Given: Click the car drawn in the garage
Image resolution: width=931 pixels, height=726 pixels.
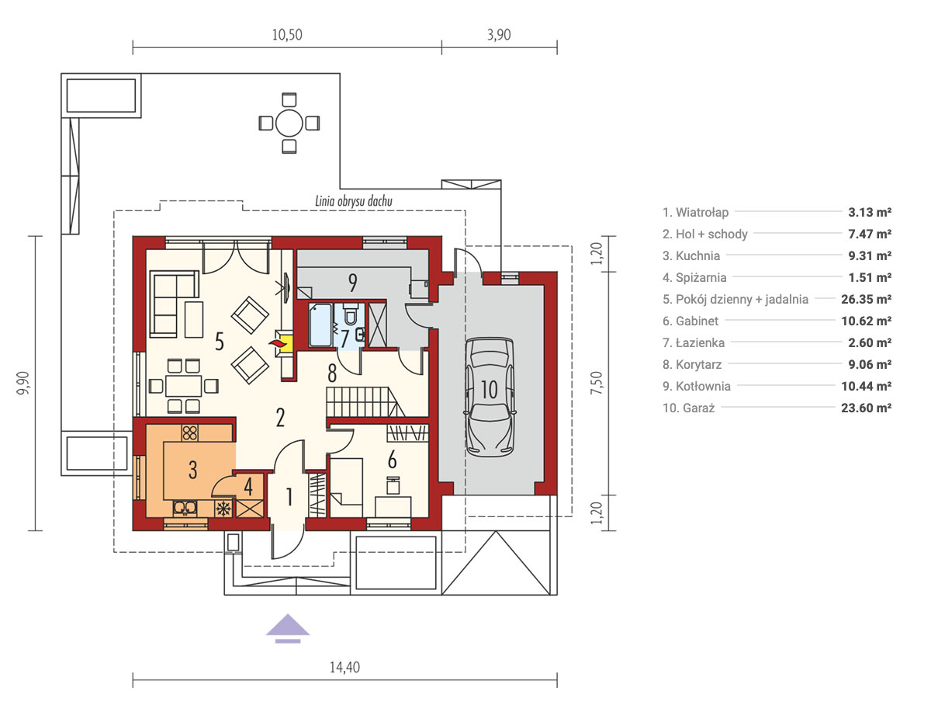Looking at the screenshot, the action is pyautogui.click(x=490, y=397).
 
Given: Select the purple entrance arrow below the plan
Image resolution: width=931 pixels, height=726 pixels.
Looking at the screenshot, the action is pyautogui.click(x=288, y=628).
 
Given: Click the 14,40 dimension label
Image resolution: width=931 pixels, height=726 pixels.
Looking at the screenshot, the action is pyautogui.click(x=344, y=667).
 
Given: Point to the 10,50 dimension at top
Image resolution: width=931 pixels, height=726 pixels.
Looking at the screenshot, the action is pyautogui.click(x=287, y=34).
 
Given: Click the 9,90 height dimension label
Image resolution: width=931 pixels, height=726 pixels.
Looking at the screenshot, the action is pyautogui.click(x=23, y=384).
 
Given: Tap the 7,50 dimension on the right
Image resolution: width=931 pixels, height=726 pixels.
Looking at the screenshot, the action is pyautogui.click(x=596, y=384).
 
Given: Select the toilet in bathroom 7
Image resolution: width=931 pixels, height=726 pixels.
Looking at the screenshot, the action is pyautogui.click(x=350, y=313).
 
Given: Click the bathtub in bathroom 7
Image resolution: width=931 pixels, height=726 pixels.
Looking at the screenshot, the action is pyautogui.click(x=320, y=325).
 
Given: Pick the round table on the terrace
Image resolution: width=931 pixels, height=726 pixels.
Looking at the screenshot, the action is pyautogui.click(x=289, y=123).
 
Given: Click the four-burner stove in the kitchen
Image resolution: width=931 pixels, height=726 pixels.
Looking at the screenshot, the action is pyautogui.click(x=189, y=432).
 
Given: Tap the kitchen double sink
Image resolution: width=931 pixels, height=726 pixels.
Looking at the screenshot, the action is pyautogui.click(x=185, y=508).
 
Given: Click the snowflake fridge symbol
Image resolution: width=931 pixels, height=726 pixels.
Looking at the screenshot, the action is pyautogui.click(x=223, y=509).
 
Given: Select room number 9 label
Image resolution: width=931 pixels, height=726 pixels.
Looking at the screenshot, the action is pyautogui.click(x=352, y=283).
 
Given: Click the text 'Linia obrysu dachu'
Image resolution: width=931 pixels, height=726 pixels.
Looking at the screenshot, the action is pyautogui.click(x=354, y=200).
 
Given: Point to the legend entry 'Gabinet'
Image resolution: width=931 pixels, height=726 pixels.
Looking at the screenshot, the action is pyautogui.click(x=690, y=321).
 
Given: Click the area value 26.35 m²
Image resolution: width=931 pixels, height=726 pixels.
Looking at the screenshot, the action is pyautogui.click(x=866, y=299).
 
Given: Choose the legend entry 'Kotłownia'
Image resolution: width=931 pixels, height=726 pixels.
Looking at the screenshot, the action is pyautogui.click(x=696, y=386).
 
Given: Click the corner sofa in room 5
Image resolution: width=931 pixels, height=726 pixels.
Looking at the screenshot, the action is pyautogui.click(x=175, y=304).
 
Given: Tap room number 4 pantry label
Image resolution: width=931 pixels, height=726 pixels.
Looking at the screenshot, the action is pyautogui.click(x=248, y=486).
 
